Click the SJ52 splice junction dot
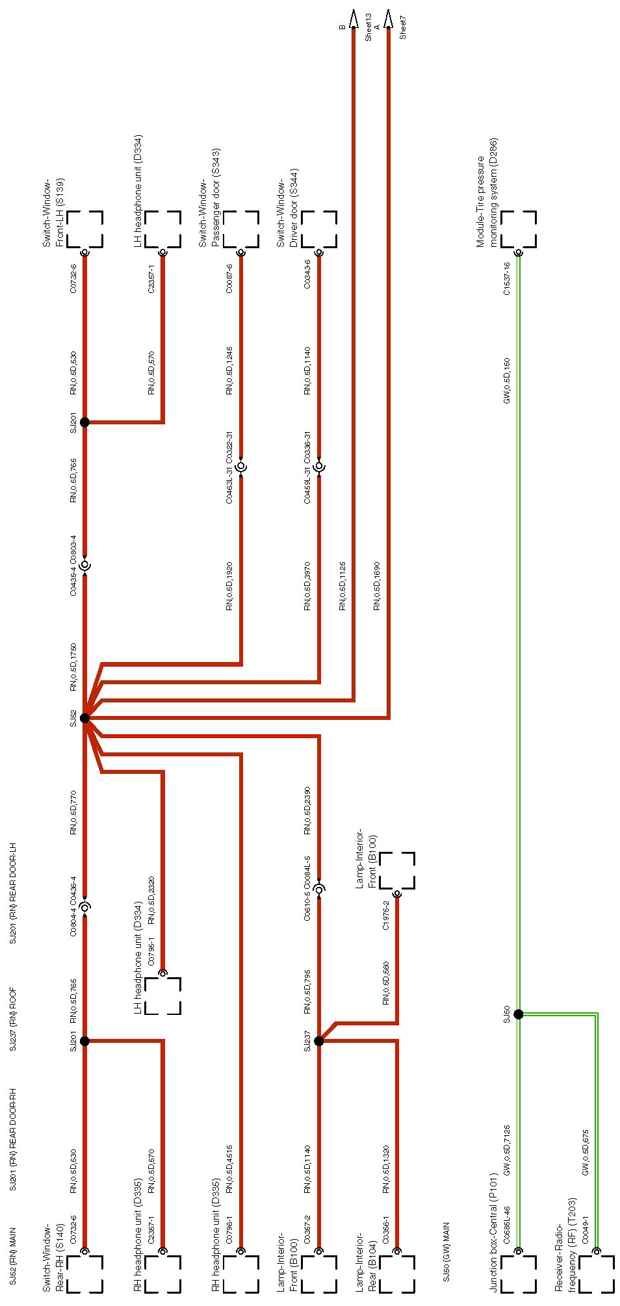click(x=84, y=718)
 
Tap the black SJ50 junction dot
click(x=518, y=1014)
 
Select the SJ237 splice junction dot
click(x=318, y=1041)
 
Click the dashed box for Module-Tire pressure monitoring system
click(x=519, y=229)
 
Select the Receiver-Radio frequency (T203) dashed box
click(x=597, y=1274)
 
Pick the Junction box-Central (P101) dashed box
click(x=519, y=1274)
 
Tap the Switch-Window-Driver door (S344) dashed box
click(x=319, y=229)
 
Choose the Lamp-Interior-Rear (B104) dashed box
click(x=397, y=1274)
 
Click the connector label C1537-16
click(x=507, y=279)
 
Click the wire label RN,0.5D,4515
click(x=229, y=1170)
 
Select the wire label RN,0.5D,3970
click(x=307, y=586)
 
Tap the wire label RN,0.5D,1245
click(x=229, y=371)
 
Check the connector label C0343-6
click(x=307, y=274)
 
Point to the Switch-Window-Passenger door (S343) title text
click(x=209, y=198)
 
